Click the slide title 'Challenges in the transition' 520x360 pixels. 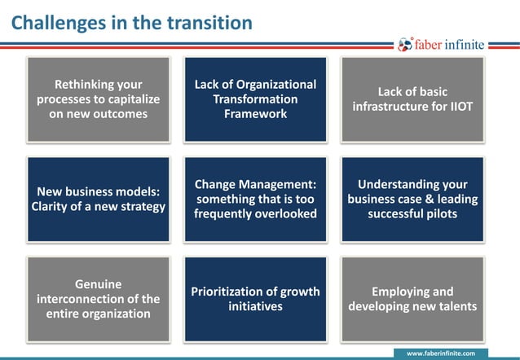[131, 22]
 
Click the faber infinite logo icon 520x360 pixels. [405, 45]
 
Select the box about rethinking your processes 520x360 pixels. [99, 99]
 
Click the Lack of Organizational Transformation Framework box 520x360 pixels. [255, 99]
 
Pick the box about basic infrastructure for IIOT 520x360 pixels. [412, 99]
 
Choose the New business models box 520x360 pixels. [99, 199]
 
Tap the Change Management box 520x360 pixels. [255, 199]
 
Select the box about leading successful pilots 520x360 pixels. [412, 199]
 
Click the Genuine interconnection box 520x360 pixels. [99, 299]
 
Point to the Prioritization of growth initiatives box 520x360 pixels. [255, 299]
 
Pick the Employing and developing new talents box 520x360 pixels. [412, 299]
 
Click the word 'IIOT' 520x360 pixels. [459, 107]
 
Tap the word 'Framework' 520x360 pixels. [255, 114]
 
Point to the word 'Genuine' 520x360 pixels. [99, 284]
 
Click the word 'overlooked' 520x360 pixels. [285, 213]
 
